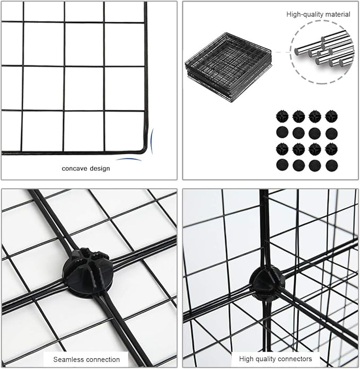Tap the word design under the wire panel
[x=100, y=169]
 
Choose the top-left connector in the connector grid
[x=282, y=116]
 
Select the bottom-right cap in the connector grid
[x=331, y=165]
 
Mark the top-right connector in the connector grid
[x=331, y=116]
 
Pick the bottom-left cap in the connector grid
[x=282, y=165]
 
